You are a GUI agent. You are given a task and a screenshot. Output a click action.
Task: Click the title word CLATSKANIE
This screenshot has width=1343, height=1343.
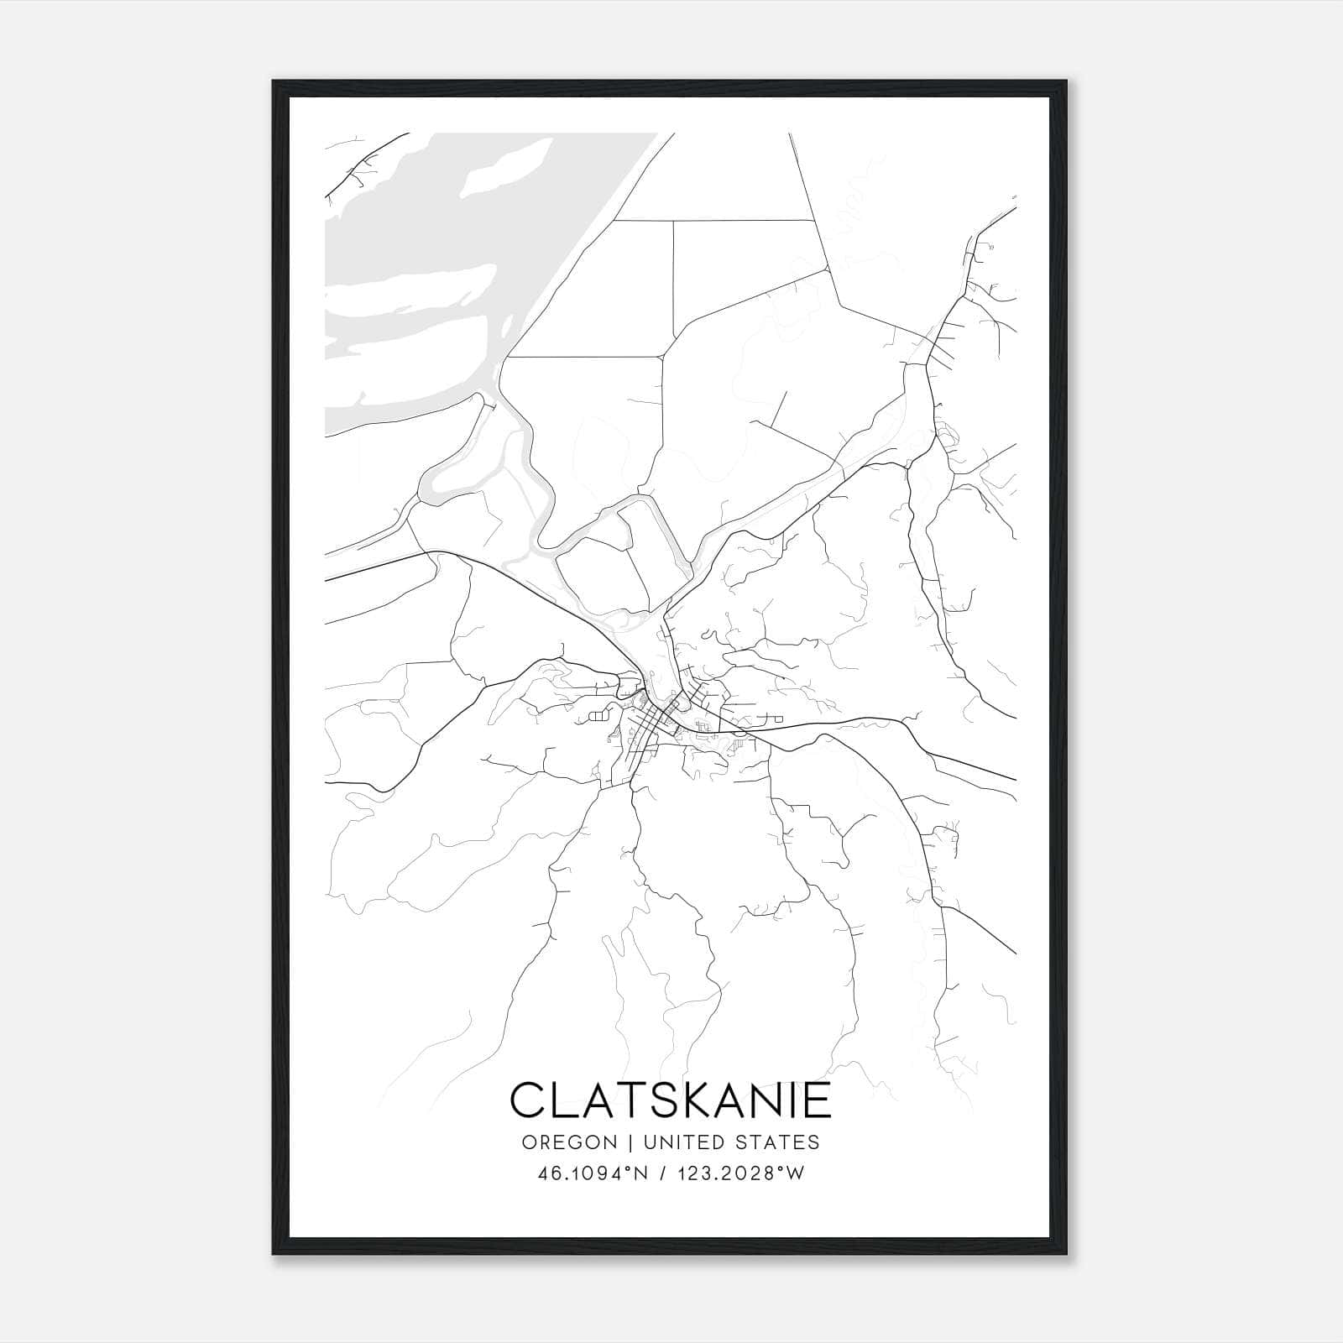pyautogui.click(x=670, y=1100)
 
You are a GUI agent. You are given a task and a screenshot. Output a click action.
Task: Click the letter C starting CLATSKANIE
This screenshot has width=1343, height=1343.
pyautogui.click(x=529, y=1100)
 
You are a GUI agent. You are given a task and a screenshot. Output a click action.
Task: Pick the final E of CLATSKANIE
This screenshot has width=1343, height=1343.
pyautogui.click(x=814, y=1100)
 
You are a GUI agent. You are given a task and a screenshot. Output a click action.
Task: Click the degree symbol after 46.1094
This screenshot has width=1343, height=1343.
pyautogui.click(x=627, y=1170)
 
